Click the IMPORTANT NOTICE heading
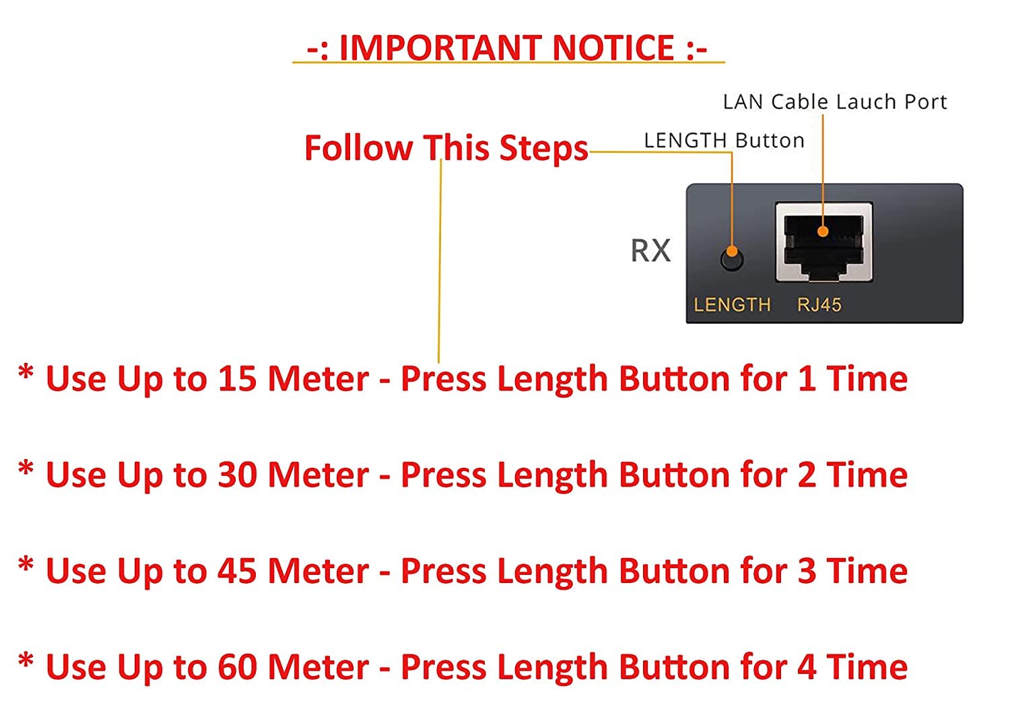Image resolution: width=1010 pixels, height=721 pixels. point(507,48)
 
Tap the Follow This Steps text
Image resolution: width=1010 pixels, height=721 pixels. point(446,148)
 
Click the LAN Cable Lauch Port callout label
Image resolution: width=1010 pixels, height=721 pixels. point(834,102)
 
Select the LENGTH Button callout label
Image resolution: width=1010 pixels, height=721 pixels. point(724,141)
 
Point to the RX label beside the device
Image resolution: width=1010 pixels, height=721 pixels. point(650,250)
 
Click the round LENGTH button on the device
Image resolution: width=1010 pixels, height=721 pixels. point(732,258)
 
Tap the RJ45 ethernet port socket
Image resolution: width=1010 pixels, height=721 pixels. point(823,242)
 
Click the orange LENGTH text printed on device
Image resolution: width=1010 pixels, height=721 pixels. point(732,305)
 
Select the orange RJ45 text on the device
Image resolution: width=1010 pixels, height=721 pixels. point(819,305)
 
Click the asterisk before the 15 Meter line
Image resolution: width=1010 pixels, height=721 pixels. point(26,372)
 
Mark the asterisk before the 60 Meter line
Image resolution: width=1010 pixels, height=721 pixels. point(26,661)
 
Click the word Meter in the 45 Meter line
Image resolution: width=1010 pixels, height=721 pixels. point(318,572)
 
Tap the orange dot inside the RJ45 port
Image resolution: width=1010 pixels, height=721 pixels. point(823,232)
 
